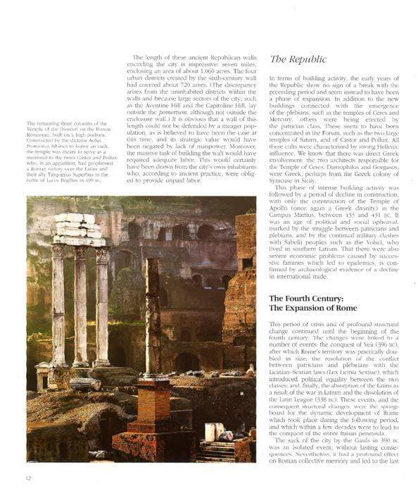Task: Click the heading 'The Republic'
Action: pyautogui.click(x=298, y=60)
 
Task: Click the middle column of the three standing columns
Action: pyautogui.click(x=82, y=303)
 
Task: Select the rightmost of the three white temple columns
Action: pyautogui.click(x=103, y=303)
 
